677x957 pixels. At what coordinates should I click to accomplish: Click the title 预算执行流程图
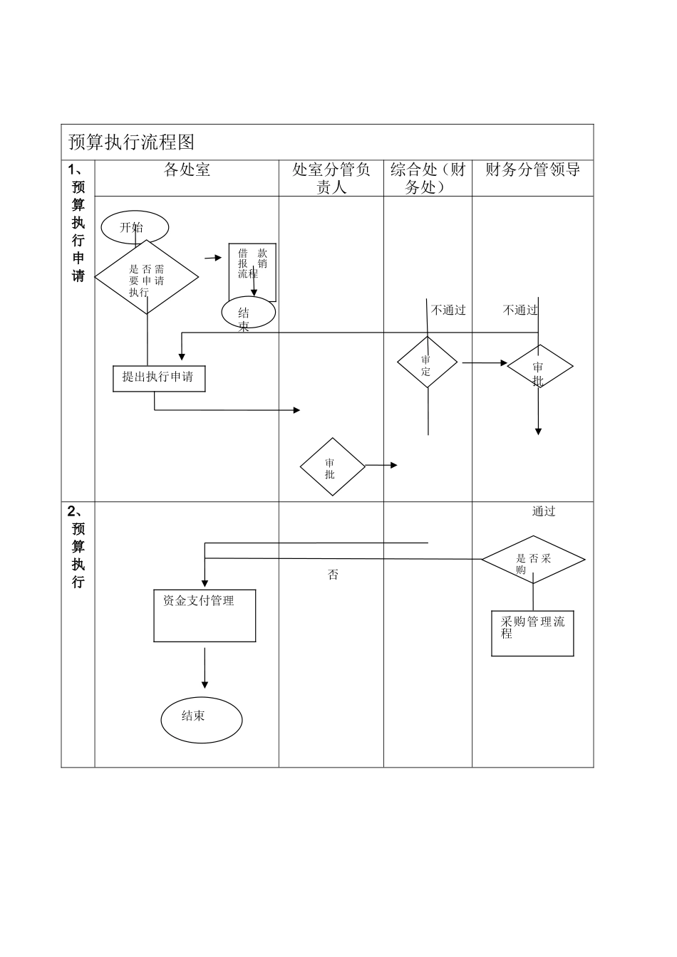click(x=131, y=142)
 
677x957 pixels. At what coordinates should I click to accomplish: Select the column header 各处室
click(x=187, y=169)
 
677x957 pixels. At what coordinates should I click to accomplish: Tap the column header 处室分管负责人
click(x=331, y=178)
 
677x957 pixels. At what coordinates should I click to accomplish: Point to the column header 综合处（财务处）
click(x=428, y=178)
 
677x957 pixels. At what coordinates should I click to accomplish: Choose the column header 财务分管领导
click(x=532, y=169)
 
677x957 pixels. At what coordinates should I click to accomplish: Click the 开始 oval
click(x=135, y=228)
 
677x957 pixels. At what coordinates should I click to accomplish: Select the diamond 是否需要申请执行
click(x=147, y=279)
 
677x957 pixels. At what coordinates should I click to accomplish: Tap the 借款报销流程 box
click(x=252, y=271)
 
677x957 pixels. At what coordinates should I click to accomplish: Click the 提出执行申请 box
click(x=159, y=377)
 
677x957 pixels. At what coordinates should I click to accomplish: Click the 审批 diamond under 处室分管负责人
click(x=332, y=467)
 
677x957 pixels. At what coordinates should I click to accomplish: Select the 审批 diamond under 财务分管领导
click(x=539, y=367)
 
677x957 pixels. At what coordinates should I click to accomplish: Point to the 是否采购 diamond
click(x=533, y=559)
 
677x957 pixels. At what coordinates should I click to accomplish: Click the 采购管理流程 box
click(x=532, y=633)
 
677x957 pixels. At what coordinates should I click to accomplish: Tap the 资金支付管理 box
click(x=205, y=615)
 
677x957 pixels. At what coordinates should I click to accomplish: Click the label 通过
click(x=544, y=511)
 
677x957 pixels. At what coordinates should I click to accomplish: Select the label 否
click(x=333, y=575)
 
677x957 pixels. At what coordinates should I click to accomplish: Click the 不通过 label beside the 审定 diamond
click(x=448, y=310)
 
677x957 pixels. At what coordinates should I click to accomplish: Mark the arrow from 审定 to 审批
click(x=484, y=363)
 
